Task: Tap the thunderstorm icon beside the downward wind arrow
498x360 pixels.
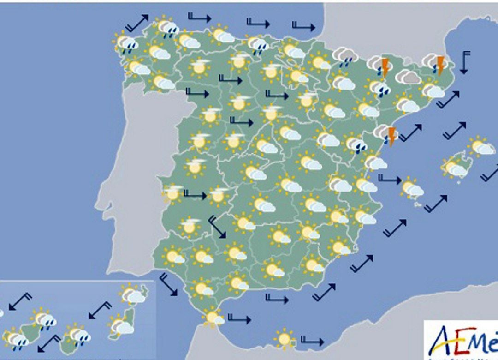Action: [435, 65]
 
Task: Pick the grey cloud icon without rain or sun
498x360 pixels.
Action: [408, 77]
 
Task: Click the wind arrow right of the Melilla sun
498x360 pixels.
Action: [312, 341]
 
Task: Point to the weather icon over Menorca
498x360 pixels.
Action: [481, 147]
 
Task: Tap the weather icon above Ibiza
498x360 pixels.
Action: [412, 188]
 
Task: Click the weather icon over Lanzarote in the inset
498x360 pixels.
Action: [132, 294]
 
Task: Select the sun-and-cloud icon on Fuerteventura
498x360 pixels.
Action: [121, 326]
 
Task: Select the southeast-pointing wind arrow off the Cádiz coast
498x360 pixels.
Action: [168, 284]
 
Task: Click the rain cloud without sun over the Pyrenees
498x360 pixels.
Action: [345, 56]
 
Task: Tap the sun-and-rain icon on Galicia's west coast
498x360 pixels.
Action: [125, 44]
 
